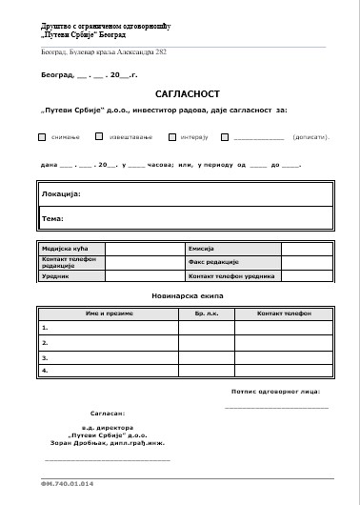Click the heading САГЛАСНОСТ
click(x=180, y=96)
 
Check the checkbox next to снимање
click(x=42, y=137)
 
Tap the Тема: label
click(x=51, y=218)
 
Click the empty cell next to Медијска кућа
click(x=143, y=248)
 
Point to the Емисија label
click(x=202, y=248)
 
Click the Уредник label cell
click(x=55, y=275)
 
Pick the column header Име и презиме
click(x=107, y=313)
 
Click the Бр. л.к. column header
click(x=207, y=313)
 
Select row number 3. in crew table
click(x=45, y=356)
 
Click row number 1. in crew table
click(x=45, y=327)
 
